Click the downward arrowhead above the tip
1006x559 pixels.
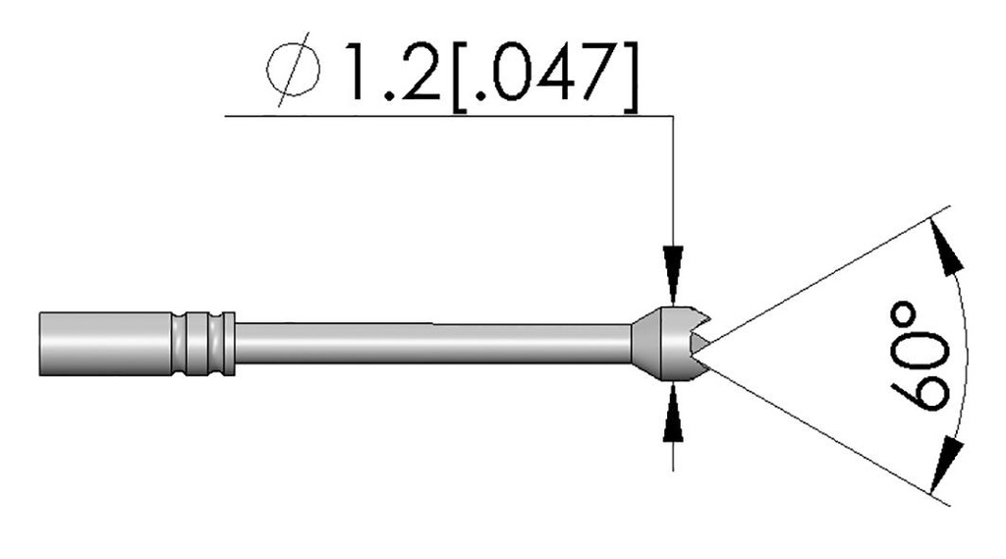click(673, 269)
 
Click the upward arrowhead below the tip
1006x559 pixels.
click(673, 412)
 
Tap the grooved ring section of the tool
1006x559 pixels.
click(204, 343)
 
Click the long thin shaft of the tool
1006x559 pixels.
click(432, 343)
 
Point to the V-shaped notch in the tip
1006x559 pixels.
click(699, 342)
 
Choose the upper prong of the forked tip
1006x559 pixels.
click(693, 318)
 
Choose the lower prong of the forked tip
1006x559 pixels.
click(693, 366)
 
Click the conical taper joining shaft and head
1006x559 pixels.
click(640, 342)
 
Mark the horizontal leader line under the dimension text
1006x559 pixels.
click(442, 116)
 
